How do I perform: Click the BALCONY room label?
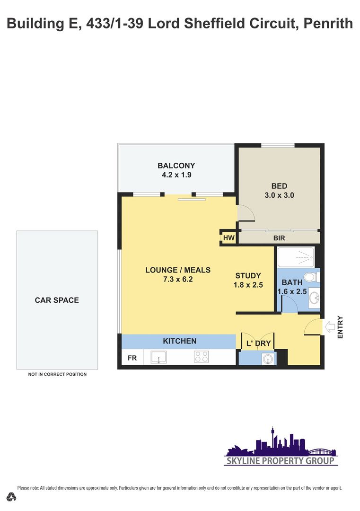pos(176,166)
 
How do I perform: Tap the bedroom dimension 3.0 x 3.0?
pos(279,195)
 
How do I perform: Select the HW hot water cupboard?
pos(228,238)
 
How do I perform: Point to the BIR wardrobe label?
pos(279,238)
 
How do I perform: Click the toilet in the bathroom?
pos(312,277)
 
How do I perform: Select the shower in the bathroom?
pos(296,257)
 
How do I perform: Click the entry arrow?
pos(330,326)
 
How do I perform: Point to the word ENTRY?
pos(340,327)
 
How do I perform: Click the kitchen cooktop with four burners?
pos(202,357)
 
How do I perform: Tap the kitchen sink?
pos(158,357)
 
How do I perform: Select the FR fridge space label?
pos(132,358)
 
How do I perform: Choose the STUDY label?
pos(248,276)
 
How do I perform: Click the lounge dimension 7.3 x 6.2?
pos(178,279)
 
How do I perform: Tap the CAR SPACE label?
pos(57,300)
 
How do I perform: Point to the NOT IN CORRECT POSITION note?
pos(57,374)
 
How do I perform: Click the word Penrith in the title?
pos(328,24)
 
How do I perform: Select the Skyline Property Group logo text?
pos(281,460)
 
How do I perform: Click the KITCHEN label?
pos(179,341)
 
